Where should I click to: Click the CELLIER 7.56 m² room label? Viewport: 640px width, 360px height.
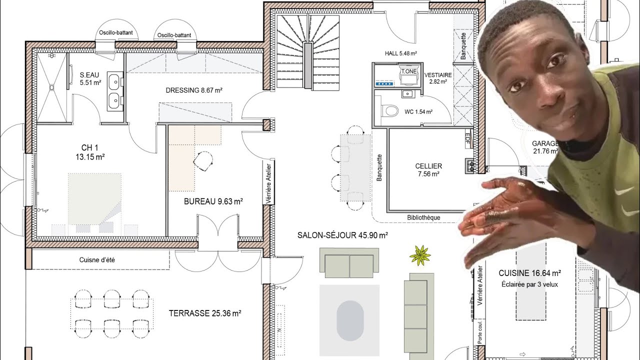pyautogui.click(x=428, y=170)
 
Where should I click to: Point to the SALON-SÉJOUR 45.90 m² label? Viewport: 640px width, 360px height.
pyautogui.click(x=342, y=235)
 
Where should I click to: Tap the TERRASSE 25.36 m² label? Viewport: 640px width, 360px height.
pyautogui.click(x=205, y=313)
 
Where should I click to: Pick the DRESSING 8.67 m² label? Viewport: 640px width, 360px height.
pyautogui.click(x=194, y=90)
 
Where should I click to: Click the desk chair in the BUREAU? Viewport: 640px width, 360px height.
pyautogui.click(x=203, y=160)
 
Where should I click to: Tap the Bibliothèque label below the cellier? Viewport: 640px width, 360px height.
pyautogui.click(x=423, y=217)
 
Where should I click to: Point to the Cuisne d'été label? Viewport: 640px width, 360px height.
pyautogui.click(x=97, y=259)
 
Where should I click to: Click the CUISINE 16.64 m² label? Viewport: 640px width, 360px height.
pyautogui.click(x=529, y=273)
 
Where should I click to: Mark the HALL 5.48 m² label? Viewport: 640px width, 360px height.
pyautogui.click(x=401, y=52)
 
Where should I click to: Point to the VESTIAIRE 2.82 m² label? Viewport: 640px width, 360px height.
pyautogui.click(x=438, y=78)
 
